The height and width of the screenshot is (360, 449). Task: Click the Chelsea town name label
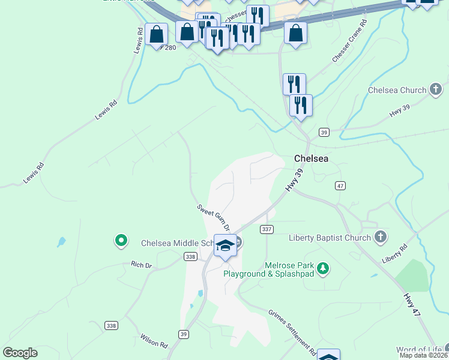(x=311, y=158)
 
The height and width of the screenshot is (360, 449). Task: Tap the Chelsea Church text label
(x=397, y=91)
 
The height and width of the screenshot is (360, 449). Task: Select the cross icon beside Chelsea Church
(x=436, y=91)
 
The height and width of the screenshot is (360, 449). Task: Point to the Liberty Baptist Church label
(x=330, y=238)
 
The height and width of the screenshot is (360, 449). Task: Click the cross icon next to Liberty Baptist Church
(x=380, y=238)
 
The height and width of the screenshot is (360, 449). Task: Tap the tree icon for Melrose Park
(x=324, y=268)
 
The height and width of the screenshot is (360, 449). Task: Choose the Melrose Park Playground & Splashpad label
(x=269, y=269)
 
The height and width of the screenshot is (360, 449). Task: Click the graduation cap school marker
(x=225, y=246)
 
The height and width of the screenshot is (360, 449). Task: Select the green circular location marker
(x=121, y=241)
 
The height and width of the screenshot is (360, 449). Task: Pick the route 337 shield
(x=267, y=229)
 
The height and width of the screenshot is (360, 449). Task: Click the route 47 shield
(x=340, y=186)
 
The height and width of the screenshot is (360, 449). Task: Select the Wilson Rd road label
(x=154, y=341)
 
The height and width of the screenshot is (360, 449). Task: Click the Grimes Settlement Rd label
(x=292, y=331)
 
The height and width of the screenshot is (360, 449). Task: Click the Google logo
(x=20, y=353)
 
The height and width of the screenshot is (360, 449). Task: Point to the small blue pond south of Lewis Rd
(x=61, y=242)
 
